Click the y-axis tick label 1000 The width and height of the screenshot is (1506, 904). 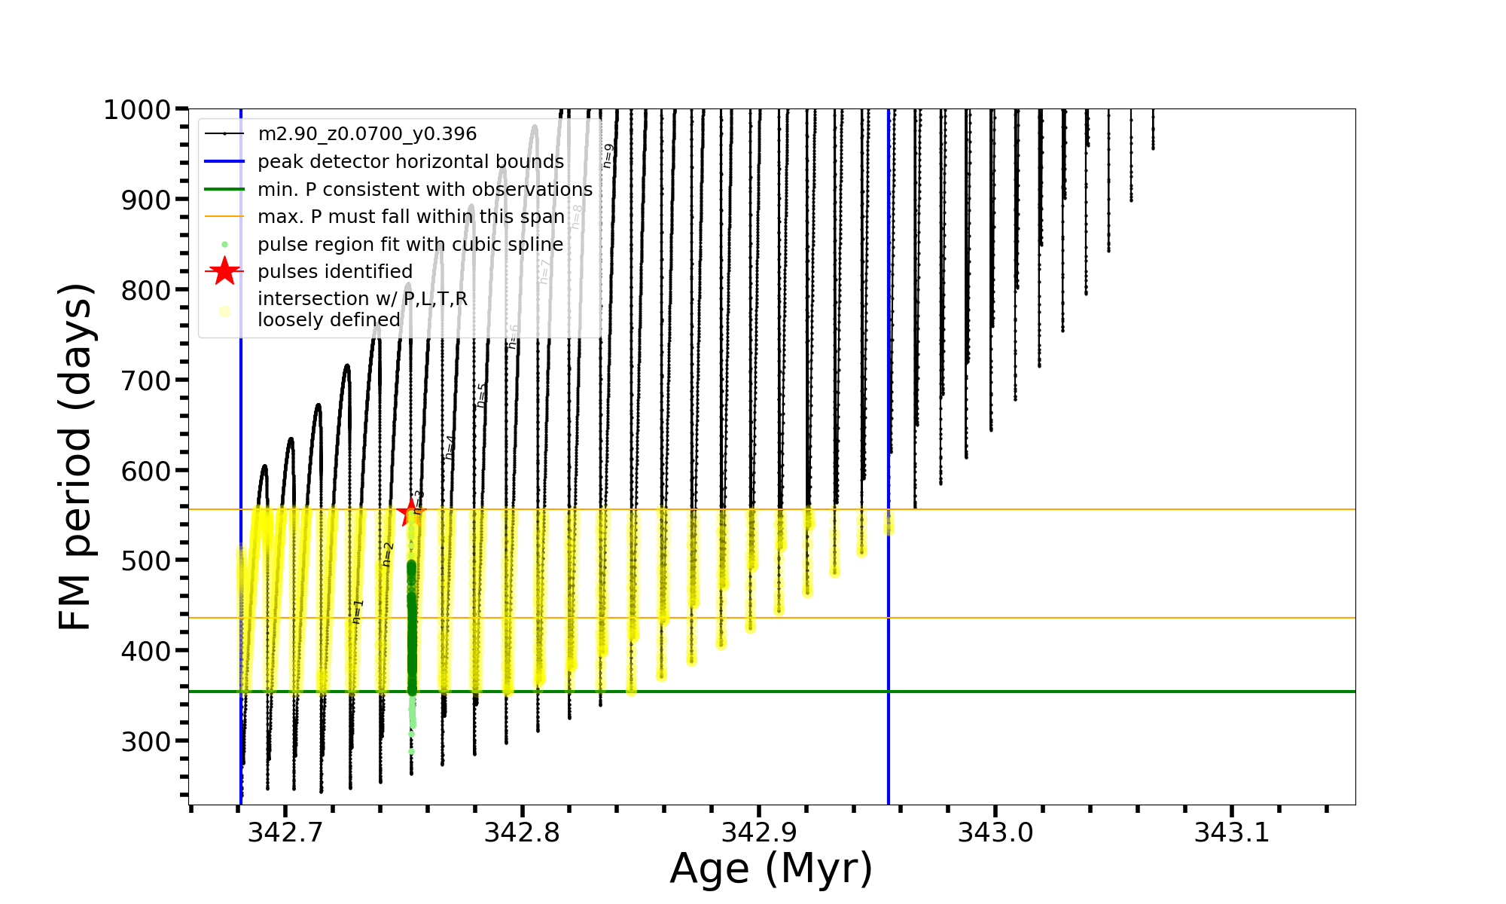click(x=137, y=110)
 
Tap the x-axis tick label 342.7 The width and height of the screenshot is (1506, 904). click(x=285, y=832)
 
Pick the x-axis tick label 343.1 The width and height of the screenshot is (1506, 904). click(x=1232, y=832)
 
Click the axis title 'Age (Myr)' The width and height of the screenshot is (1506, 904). click(x=771, y=869)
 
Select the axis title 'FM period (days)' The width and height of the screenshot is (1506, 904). click(x=75, y=457)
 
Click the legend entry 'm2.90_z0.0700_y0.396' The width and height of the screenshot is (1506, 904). click(x=367, y=134)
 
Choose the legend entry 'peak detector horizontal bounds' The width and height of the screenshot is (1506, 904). click(x=410, y=162)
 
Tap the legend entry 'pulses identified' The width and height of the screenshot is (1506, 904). click(x=334, y=272)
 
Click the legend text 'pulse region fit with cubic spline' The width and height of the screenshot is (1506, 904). click(x=410, y=245)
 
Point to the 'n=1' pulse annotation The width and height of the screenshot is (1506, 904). click(x=358, y=612)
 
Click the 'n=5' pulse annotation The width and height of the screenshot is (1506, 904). click(x=482, y=395)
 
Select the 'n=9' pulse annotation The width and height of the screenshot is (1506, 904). click(x=608, y=156)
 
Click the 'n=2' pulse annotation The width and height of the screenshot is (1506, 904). click(x=388, y=554)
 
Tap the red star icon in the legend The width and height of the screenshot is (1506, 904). click(x=224, y=272)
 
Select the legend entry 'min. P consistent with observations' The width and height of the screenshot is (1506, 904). click(x=425, y=190)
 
